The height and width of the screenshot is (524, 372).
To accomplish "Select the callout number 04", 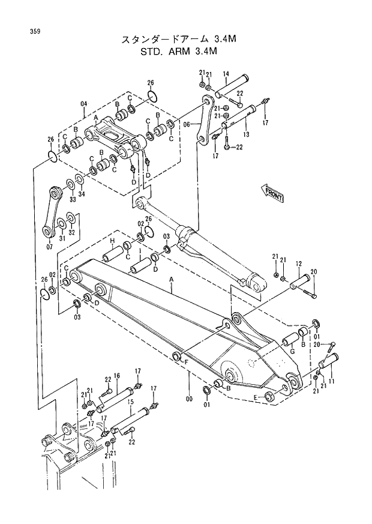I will point(83,103).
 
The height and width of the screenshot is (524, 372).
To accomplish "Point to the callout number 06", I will point(186,124).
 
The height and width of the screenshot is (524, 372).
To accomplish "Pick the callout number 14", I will point(226,74).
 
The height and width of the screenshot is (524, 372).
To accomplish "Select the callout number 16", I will point(117,376).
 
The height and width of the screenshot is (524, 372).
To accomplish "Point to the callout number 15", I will point(130,400).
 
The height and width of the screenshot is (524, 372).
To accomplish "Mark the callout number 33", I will point(72,199).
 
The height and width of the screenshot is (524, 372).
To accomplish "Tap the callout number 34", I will point(82,195).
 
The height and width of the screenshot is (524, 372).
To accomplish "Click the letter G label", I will point(292,351).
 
